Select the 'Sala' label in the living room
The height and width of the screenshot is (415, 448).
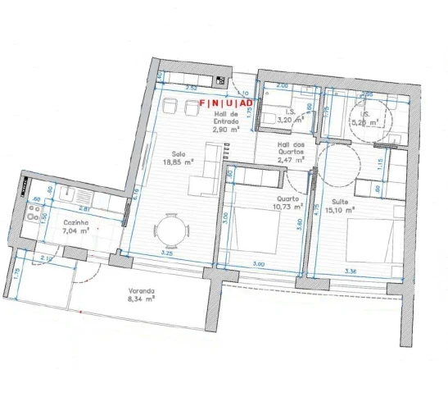point(178,154)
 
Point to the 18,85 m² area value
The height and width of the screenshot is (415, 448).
point(178,162)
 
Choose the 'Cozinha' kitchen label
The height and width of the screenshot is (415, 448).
point(75,222)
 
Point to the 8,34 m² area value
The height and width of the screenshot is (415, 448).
point(142,300)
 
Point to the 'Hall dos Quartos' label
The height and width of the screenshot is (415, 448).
point(292,149)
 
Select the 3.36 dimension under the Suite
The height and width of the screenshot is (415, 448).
point(351,271)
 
